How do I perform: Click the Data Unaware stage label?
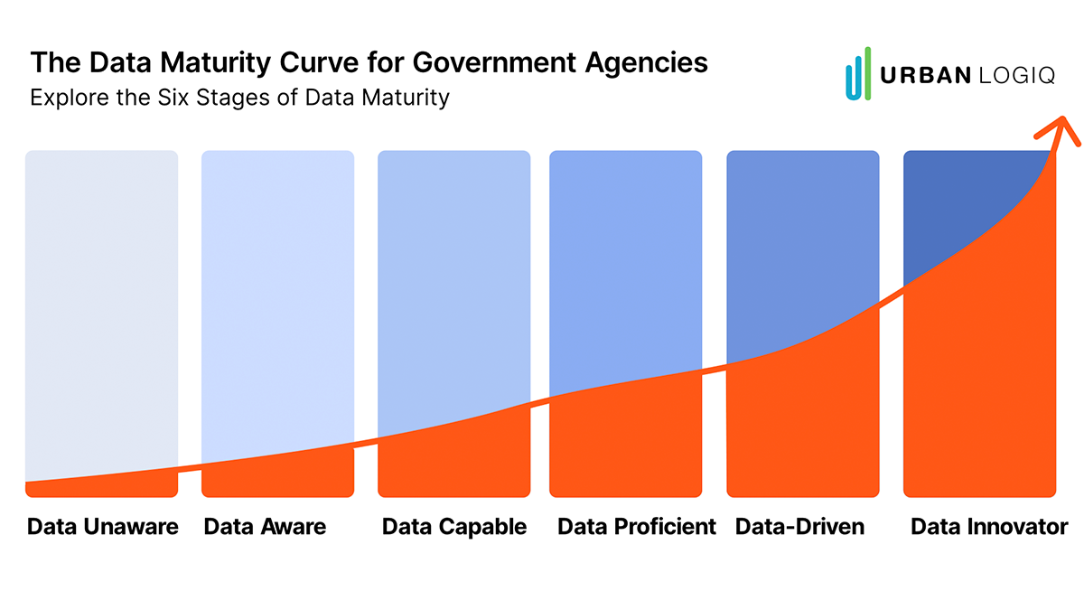click(102, 526)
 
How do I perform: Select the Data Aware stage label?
click(265, 526)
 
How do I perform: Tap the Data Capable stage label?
click(454, 526)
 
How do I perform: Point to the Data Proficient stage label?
click(637, 526)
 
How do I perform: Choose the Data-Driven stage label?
click(799, 526)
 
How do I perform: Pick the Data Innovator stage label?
click(989, 526)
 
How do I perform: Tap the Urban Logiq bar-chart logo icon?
click(858, 74)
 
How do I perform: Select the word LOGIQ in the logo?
click(1017, 76)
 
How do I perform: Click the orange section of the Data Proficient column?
click(625, 443)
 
